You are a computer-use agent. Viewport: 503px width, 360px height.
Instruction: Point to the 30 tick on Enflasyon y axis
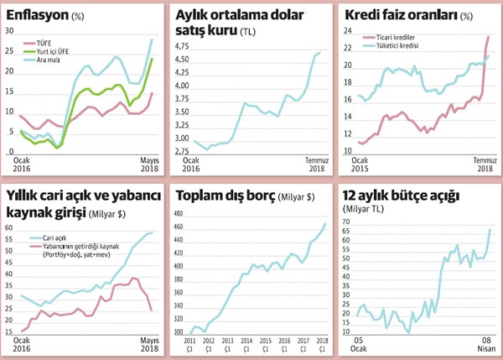tap(10, 31)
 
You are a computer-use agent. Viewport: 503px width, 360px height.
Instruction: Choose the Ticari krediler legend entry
tap(398, 37)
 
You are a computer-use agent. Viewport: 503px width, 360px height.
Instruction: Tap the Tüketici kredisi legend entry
tap(400, 46)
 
